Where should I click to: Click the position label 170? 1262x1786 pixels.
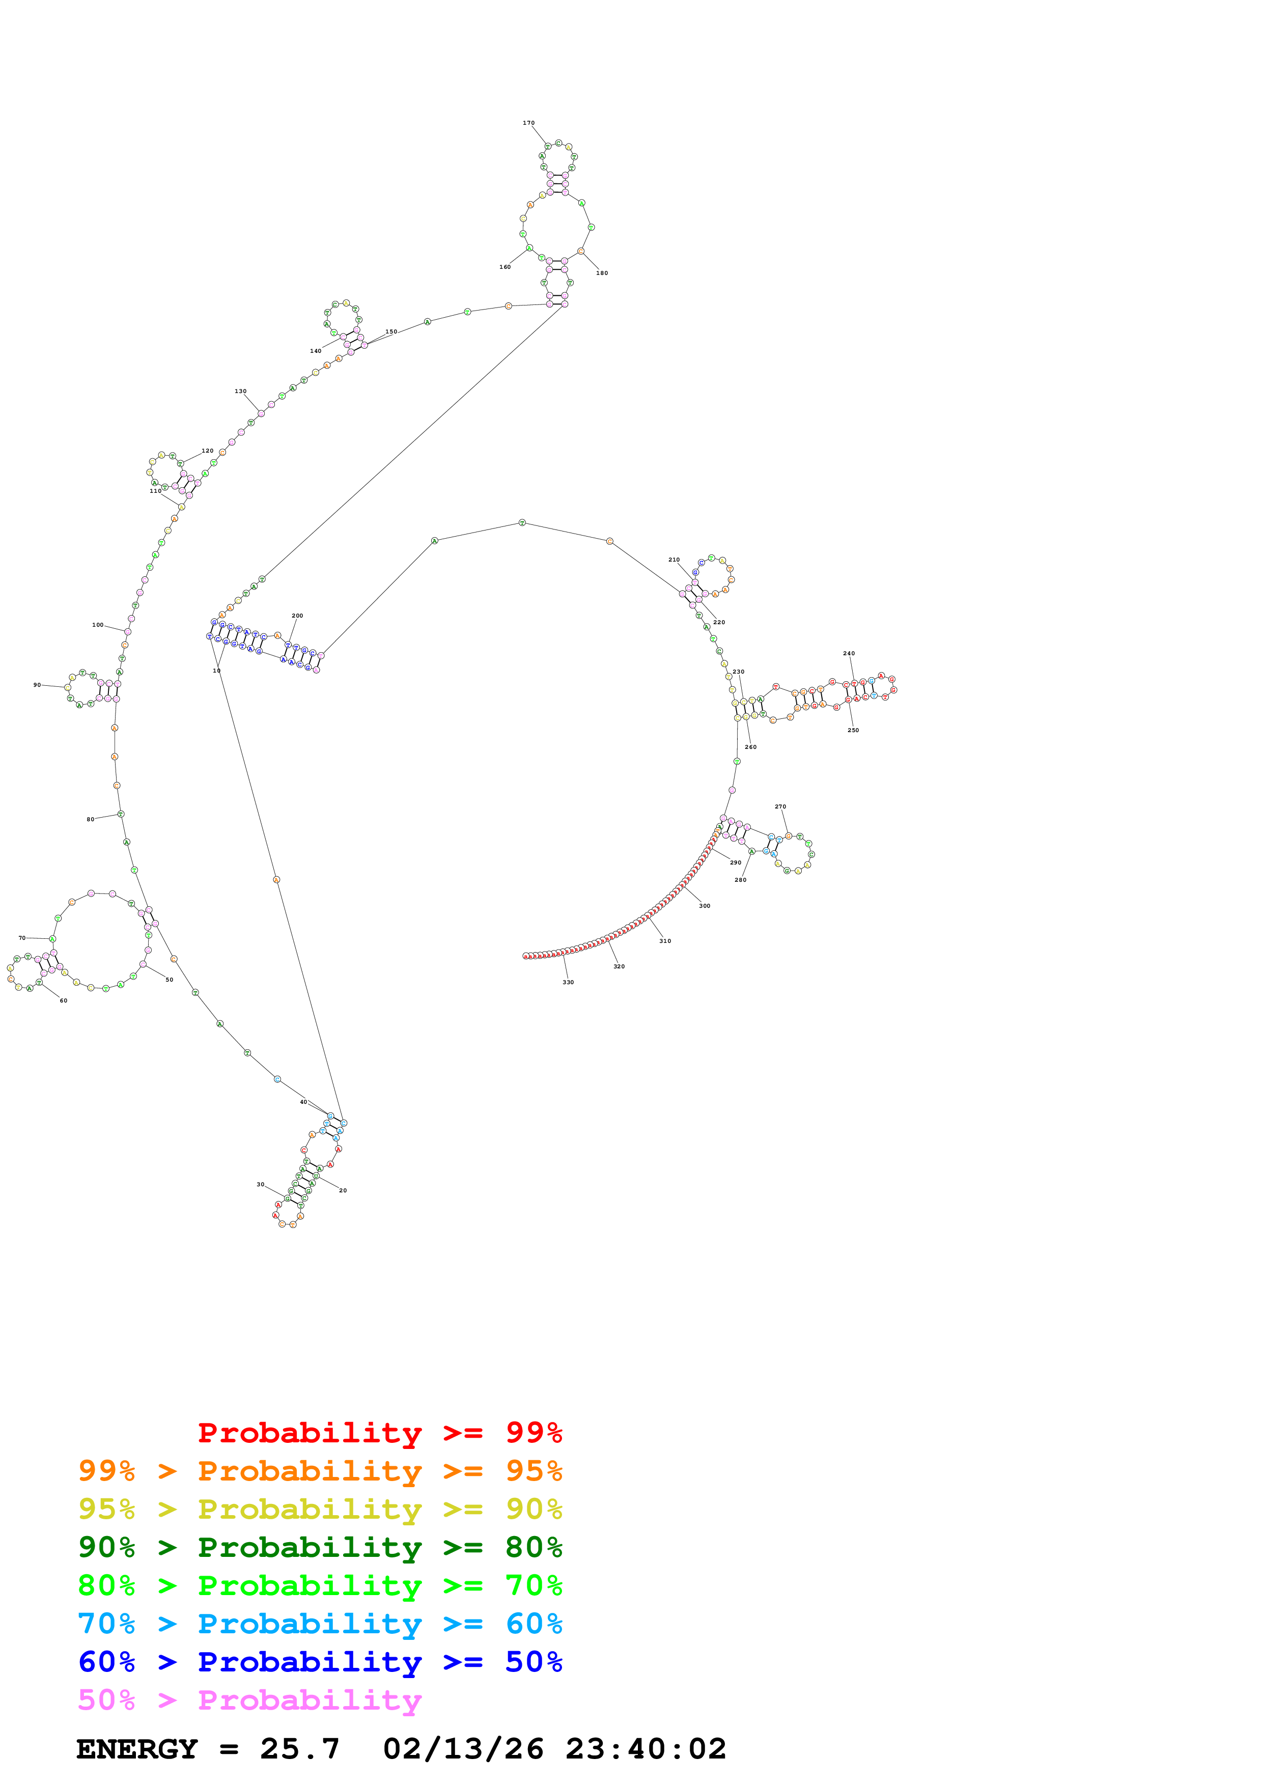529,123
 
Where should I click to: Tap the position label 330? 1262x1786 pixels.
569,983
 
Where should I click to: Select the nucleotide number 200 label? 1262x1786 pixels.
297,616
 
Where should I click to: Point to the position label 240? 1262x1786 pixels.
849,653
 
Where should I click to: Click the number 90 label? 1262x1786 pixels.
37,685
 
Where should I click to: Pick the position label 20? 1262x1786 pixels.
343,1190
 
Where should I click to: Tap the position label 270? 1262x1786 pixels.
781,806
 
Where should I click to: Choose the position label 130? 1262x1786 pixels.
241,392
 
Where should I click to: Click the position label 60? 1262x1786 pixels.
64,1000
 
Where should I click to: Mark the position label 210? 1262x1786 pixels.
674,560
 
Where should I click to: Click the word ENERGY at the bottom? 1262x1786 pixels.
137,1749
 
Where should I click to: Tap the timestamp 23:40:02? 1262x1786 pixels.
646,1749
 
